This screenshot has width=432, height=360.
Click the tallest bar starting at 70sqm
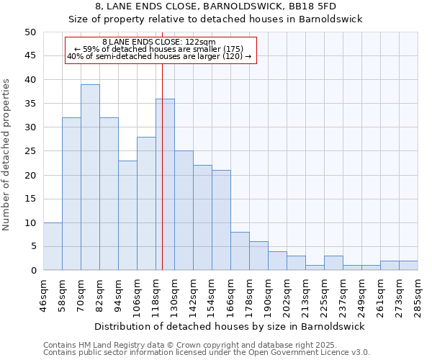pyautogui.click(x=90, y=177)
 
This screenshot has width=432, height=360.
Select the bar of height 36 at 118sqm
pyautogui.click(x=165, y=184)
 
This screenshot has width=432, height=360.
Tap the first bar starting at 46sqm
pyautogui.click(x=53, y=246)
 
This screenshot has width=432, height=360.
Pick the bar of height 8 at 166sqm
pyautogui.click(x=240, y=251)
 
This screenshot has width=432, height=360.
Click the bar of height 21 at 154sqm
pyautogui.click(x=221, y=220)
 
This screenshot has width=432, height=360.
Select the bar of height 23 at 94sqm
pyautogui.click(x=127, y=215)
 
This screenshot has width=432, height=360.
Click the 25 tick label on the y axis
pyautogui.click(x=30, y=151)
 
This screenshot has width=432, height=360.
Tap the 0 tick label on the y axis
pyautogui.click(x=32, y=271)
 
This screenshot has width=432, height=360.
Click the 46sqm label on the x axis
pyautogui.click(x=43, y=295)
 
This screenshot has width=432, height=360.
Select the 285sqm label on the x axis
pyautogui.click(x=418, y=295)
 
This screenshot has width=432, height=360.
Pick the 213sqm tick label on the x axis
pyautogui.click(x=305, y=295)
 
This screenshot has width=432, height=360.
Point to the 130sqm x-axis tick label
pyautogui.click(x=174, y=295)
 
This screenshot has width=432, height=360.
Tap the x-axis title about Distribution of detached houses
pyautogui.click(x=230, y=326)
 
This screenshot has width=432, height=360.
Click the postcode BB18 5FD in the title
pyautogui.click(x=289, y=7)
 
